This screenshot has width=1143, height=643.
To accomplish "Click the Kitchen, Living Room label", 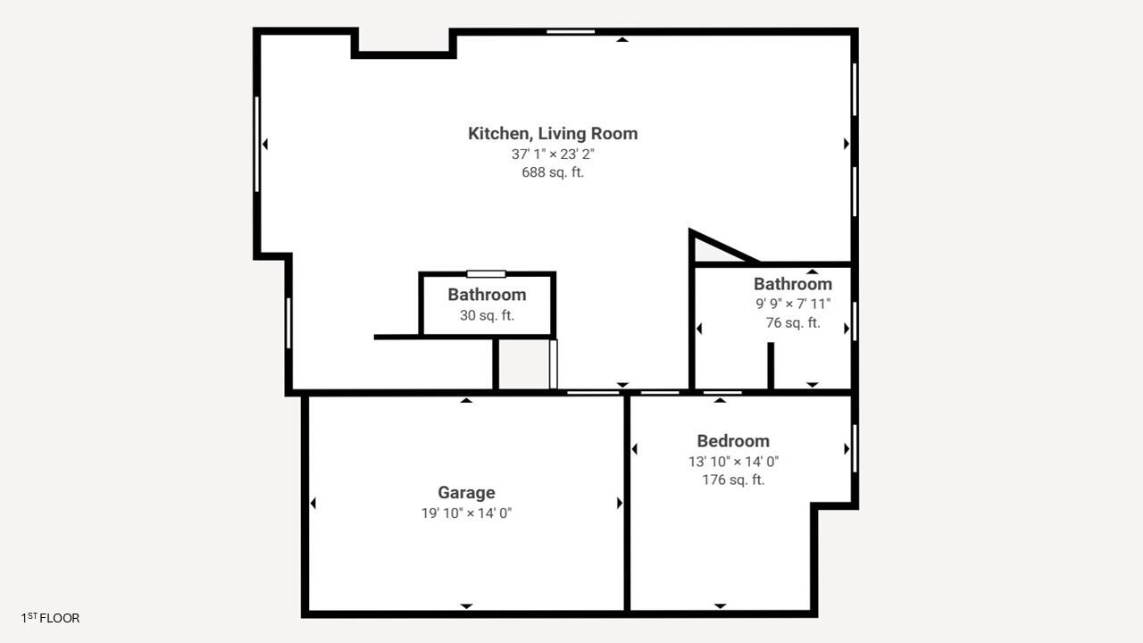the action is coord(553,134).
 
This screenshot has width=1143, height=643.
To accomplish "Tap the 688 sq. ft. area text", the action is coord(553,172).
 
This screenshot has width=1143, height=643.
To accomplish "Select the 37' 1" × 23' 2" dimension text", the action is coord(553,154).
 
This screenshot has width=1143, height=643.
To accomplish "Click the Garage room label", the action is coord(466,493).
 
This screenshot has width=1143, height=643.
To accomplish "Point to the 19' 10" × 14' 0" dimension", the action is coord(466,513).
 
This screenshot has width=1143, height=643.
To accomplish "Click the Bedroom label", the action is coord(733,441).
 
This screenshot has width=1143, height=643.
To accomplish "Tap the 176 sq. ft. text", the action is coord(733,480).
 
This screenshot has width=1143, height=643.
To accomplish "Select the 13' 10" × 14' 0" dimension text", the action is coord(733,462).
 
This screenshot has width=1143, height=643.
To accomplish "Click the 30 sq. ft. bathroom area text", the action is coord(487,315).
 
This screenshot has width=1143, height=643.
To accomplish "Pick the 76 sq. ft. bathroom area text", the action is coord(793,322).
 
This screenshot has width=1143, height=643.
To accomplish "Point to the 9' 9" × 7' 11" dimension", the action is coord(793,304).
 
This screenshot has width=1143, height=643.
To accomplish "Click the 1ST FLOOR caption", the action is coord(50,618).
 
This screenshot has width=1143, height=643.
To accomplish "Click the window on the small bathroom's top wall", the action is coord(487,274).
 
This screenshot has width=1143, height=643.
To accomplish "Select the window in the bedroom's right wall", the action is coord(855,448).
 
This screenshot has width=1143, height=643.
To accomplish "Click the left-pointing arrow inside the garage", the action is coord(313,503).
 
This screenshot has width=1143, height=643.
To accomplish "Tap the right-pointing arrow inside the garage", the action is coord(620,503).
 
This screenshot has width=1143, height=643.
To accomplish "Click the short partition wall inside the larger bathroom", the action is coord(771,365).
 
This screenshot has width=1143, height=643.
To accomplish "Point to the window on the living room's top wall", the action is coord(571,31).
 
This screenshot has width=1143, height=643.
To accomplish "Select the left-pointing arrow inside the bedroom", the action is coord(634,449).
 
